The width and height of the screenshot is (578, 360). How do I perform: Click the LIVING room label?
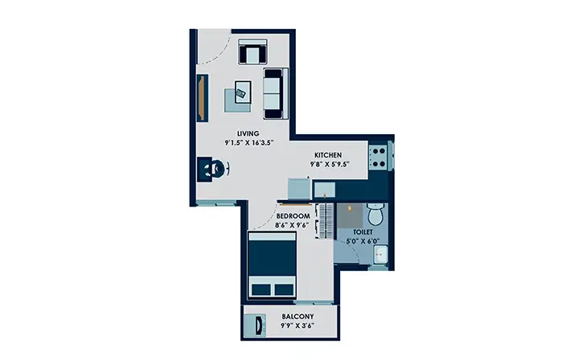248,133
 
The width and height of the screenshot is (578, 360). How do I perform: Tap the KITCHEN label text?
328,155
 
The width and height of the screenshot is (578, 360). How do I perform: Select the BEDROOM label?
293,216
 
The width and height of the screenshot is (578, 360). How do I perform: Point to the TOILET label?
363,232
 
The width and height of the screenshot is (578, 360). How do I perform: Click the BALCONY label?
298,317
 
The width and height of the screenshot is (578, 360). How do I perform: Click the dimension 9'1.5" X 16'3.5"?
249,143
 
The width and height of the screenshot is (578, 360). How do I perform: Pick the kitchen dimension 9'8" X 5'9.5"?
330,165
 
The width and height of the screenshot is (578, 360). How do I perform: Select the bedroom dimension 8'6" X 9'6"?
292,225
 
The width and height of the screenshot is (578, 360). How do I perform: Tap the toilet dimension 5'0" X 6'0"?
363,242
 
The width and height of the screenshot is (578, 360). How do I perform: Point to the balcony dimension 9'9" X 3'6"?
297,325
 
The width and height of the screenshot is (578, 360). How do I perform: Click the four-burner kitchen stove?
378,157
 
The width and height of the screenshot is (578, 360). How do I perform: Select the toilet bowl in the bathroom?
376,215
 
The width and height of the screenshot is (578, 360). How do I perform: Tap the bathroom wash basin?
380,255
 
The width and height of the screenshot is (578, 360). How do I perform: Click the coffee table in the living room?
243,92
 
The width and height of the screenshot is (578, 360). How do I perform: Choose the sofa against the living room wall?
276,93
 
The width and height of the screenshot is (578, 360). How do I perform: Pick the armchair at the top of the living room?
253,51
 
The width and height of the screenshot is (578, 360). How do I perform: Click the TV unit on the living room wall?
203,98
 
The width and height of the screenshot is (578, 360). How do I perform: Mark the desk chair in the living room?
221,169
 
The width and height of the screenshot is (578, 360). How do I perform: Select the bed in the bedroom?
272,264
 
